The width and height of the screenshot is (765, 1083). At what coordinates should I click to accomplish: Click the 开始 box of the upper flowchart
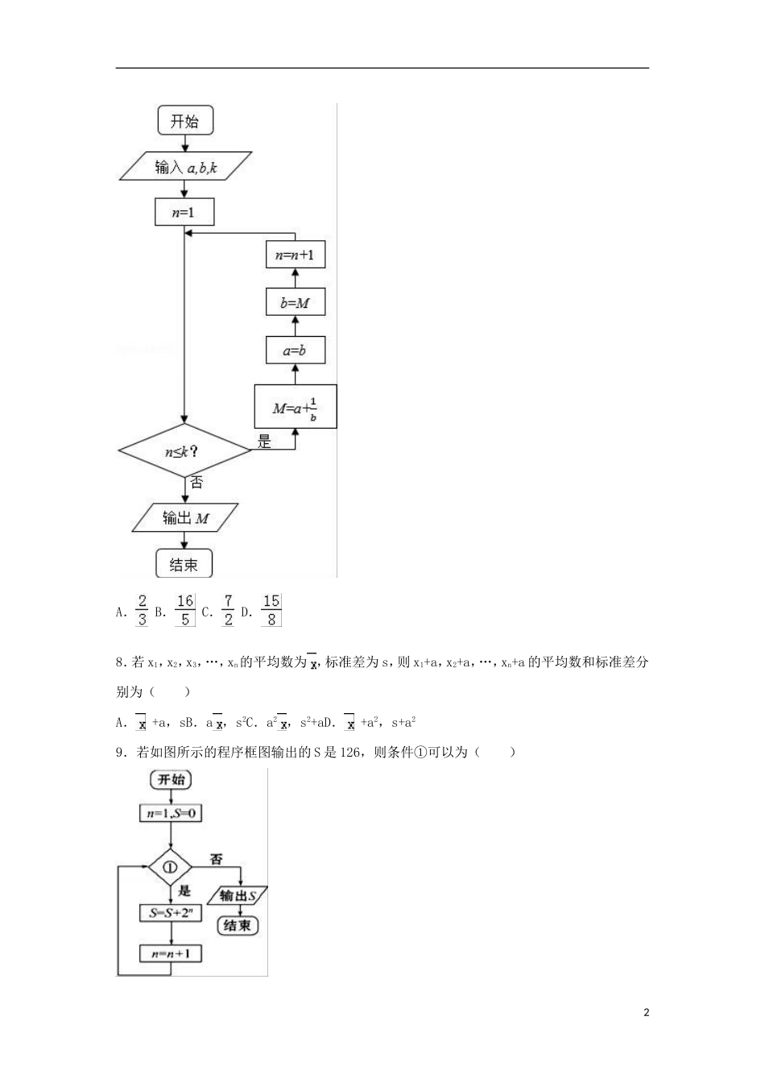coord(185,120)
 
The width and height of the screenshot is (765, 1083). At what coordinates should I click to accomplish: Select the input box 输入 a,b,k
coord(185,166)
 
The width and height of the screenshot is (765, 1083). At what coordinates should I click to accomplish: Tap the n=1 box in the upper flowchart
coord(184,212)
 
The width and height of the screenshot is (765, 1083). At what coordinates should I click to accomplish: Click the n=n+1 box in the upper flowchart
coord(296,255)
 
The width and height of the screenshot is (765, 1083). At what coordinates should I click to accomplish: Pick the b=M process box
coord(296,301)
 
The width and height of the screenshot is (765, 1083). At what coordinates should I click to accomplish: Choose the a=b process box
coord(296,350)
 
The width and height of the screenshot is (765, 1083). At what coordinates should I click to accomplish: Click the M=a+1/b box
coord(296,407)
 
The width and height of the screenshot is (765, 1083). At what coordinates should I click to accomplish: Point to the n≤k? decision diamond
coord(184,450)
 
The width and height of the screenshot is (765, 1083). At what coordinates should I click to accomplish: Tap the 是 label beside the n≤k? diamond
coord(264,441)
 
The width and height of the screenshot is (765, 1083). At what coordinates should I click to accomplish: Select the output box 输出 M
coord(185,518)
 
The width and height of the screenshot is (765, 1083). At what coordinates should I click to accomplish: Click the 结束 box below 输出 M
coord(184,563)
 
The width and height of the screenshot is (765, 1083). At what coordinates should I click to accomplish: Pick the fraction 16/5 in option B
coord(185,610)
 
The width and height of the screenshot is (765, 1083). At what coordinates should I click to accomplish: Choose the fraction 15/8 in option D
coord(271,610)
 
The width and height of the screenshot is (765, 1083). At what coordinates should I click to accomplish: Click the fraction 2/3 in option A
coord(142,610)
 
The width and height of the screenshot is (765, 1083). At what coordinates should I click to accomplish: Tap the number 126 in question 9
coord(349,753)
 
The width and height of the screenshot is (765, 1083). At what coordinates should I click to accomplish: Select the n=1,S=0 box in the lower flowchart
coord(171,813)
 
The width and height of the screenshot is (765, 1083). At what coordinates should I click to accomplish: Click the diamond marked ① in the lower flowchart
coord(170,867)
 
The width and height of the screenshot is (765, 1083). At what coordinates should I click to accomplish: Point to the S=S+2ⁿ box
coord(171,913)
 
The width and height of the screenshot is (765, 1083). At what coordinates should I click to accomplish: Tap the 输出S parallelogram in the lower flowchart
coord(238,895)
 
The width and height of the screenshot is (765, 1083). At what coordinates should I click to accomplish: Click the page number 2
coord(647,1012)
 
